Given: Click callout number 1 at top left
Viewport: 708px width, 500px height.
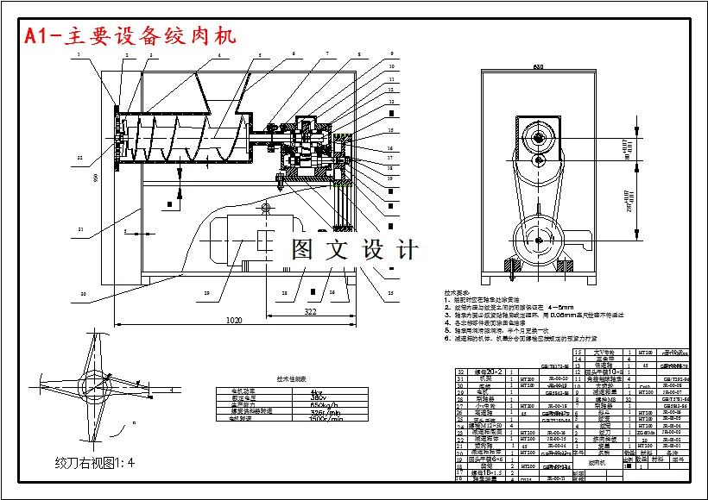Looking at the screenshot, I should (78, 53).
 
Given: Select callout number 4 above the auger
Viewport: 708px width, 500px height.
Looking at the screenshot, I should (218, 54).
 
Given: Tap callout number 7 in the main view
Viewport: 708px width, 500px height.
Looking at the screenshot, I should (327, 53).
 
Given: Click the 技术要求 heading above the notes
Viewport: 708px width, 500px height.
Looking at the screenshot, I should (457, 292).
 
